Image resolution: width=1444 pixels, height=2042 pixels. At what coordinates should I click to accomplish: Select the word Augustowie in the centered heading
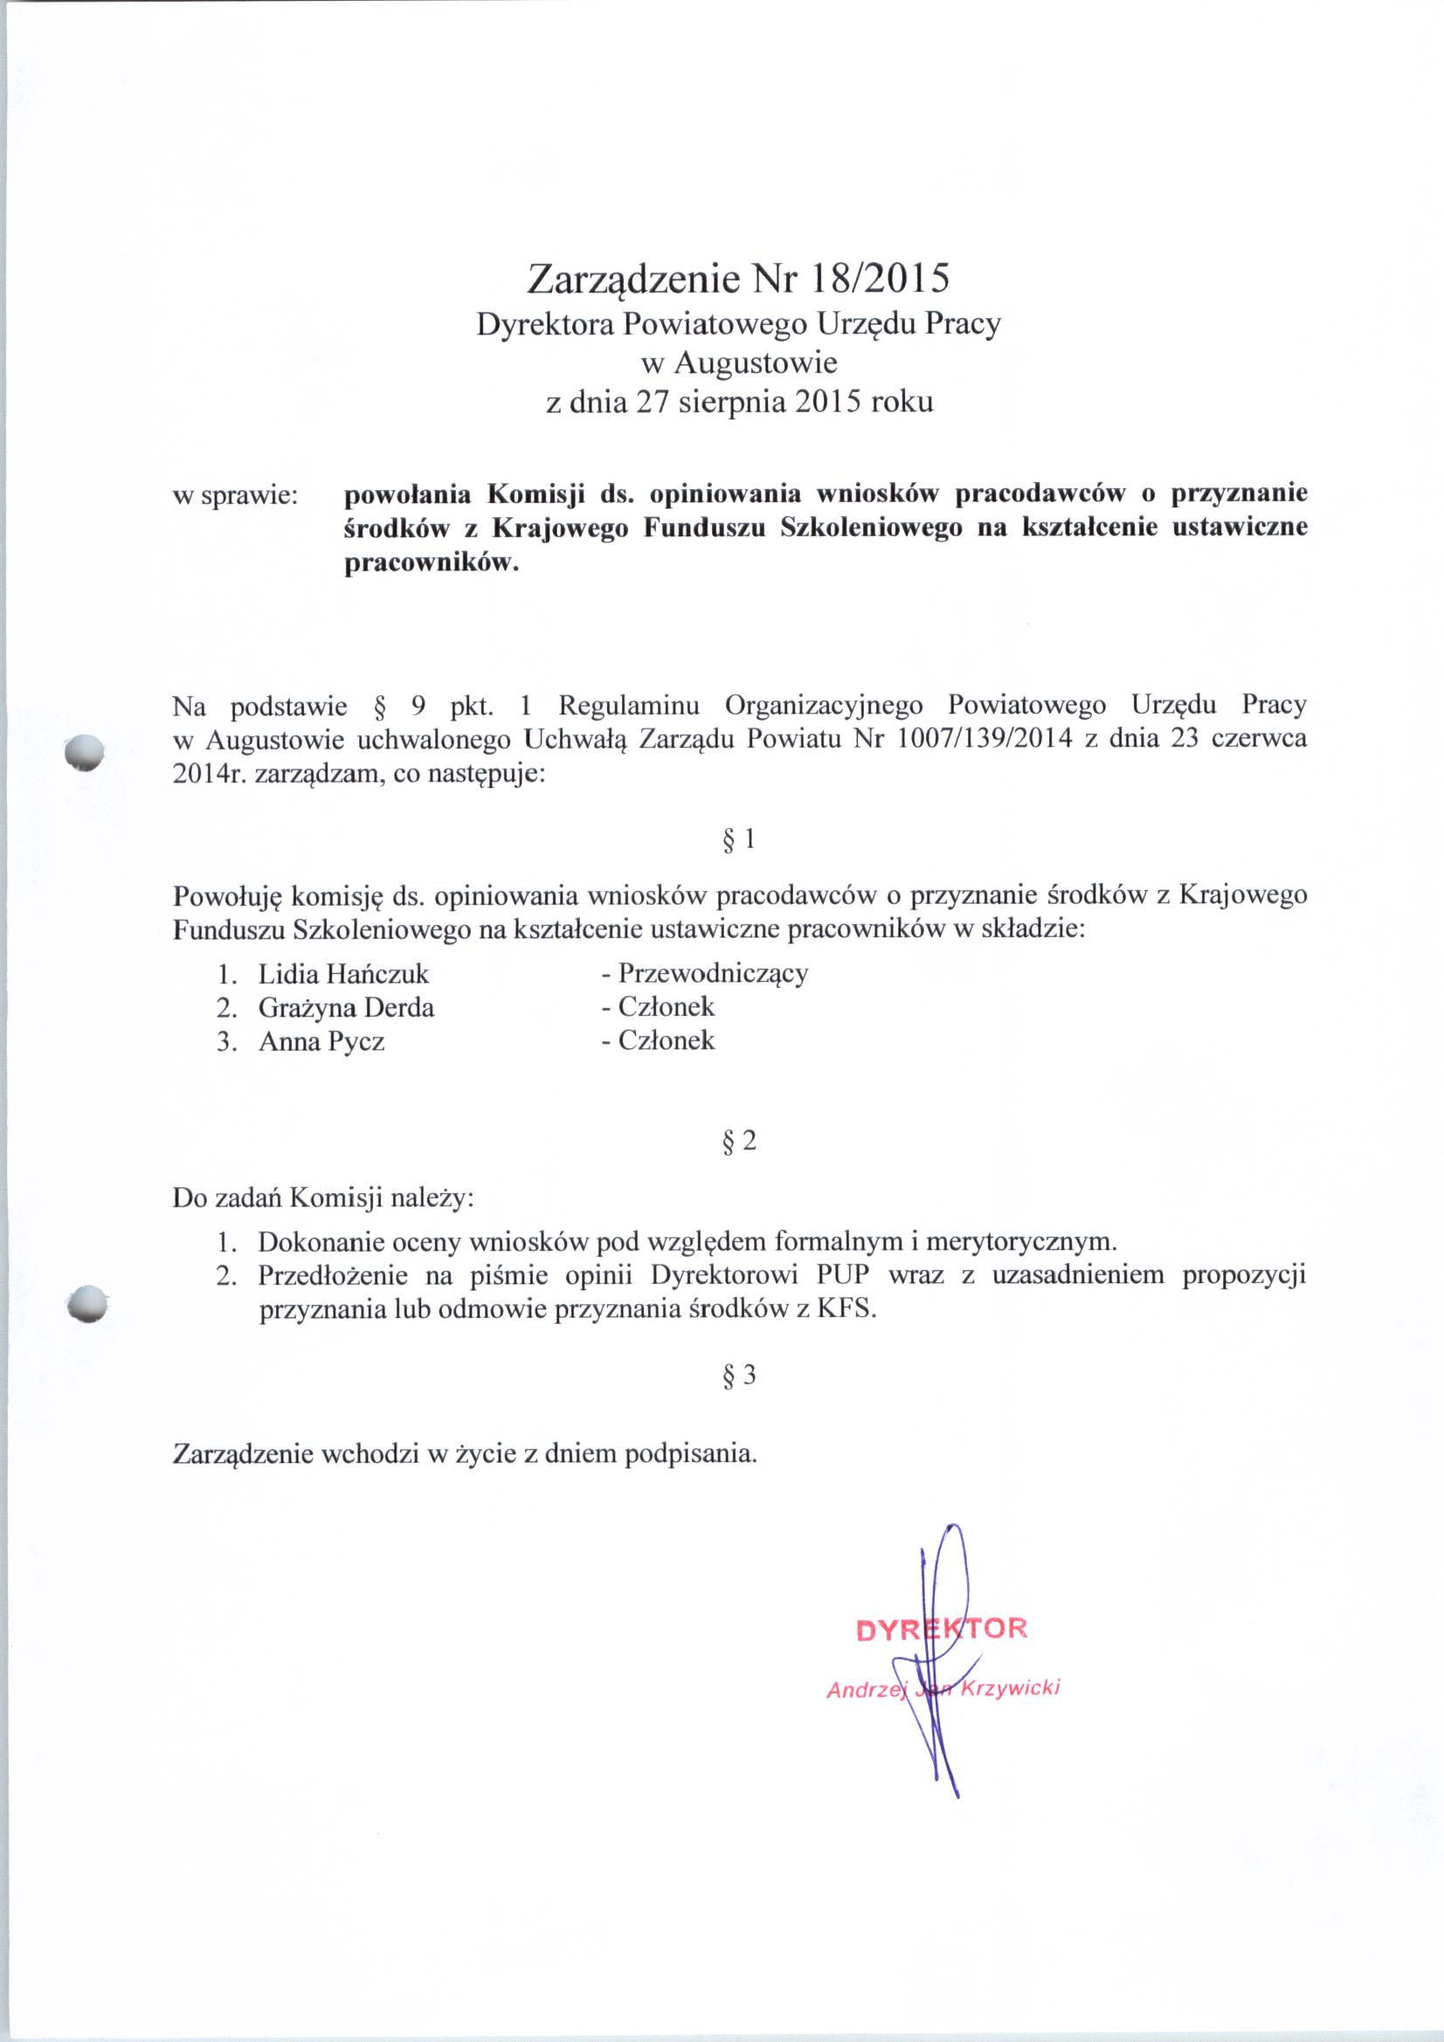756,362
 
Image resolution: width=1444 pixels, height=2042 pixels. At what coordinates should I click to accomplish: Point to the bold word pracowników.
431,564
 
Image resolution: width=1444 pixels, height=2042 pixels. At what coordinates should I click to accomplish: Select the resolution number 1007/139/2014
983,740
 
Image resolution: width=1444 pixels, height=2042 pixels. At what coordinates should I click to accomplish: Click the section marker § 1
738,838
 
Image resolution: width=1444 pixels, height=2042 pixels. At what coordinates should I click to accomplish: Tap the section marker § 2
738,1141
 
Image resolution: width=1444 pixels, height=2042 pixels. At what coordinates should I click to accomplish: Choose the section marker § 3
738,1376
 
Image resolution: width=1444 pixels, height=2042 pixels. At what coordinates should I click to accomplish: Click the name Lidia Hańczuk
343,974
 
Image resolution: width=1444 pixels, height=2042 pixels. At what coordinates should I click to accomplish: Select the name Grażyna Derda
346,1008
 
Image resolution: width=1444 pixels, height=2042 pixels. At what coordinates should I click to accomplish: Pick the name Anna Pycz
321,1041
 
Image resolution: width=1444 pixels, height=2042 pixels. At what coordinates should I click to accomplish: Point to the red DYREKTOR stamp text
942,1628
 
